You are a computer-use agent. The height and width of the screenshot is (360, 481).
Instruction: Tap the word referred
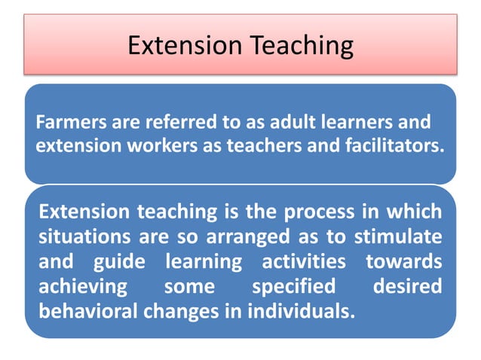coord(164,121)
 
